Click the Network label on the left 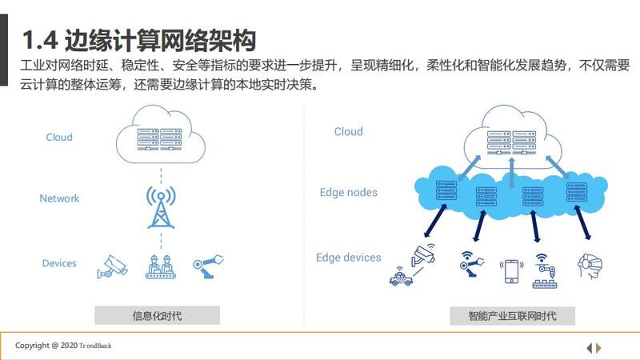click(x=59, y=198)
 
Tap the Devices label click(x=59, y=263)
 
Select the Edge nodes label click(x=349, y=193)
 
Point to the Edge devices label click(x=348, y=258)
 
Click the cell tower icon click(x=162, y=207)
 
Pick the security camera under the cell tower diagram click(x=112, y=267)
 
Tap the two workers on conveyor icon click(x=161, y=267)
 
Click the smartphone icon click(x=511, y=271)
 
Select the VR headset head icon click(x=590, y=266)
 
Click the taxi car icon click(x=401, y=278)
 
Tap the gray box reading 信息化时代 click(x=157, y=315)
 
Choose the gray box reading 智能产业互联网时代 click(x=512, y=315)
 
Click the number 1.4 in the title click(x=40, y=40)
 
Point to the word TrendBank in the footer click(x=95, y=346)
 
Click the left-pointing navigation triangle click(x=589, y=348)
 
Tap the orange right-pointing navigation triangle click(x=598, y=348)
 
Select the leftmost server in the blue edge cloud click(x=446, y=190)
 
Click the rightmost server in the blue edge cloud click(x=577, y=192)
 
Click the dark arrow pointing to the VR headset click(x=582, y=222)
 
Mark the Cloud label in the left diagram click(x=59, y=137)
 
